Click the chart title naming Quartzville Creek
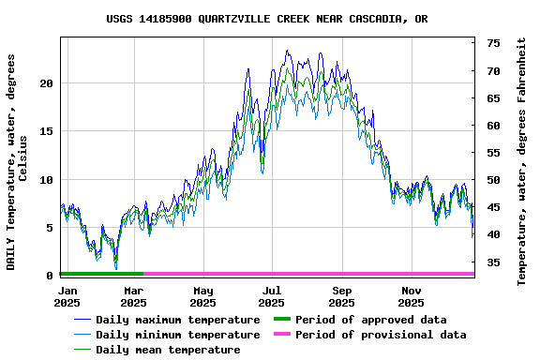coord(266,18)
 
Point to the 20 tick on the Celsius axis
coord(48,83)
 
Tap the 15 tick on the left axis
coord(48,131)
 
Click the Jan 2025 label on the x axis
coord(67,296)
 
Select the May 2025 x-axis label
coord(202,296)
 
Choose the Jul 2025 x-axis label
coord(271,296)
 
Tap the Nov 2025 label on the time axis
coord(411,296)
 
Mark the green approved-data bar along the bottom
coord(101,274)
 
